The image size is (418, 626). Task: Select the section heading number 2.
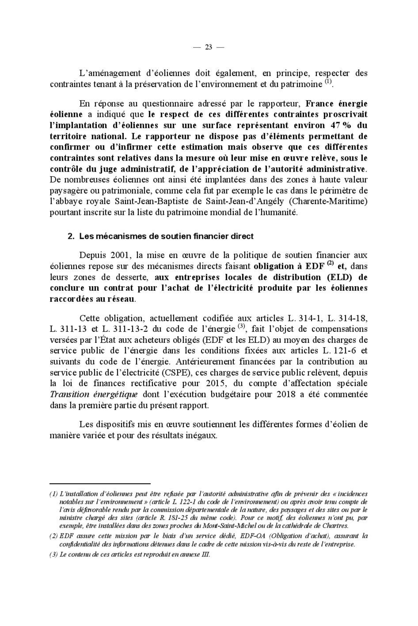click(x=71, y=236)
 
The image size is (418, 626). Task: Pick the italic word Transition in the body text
click(x=69, y=394)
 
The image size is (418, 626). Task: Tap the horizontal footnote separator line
click(x=100, y=483)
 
